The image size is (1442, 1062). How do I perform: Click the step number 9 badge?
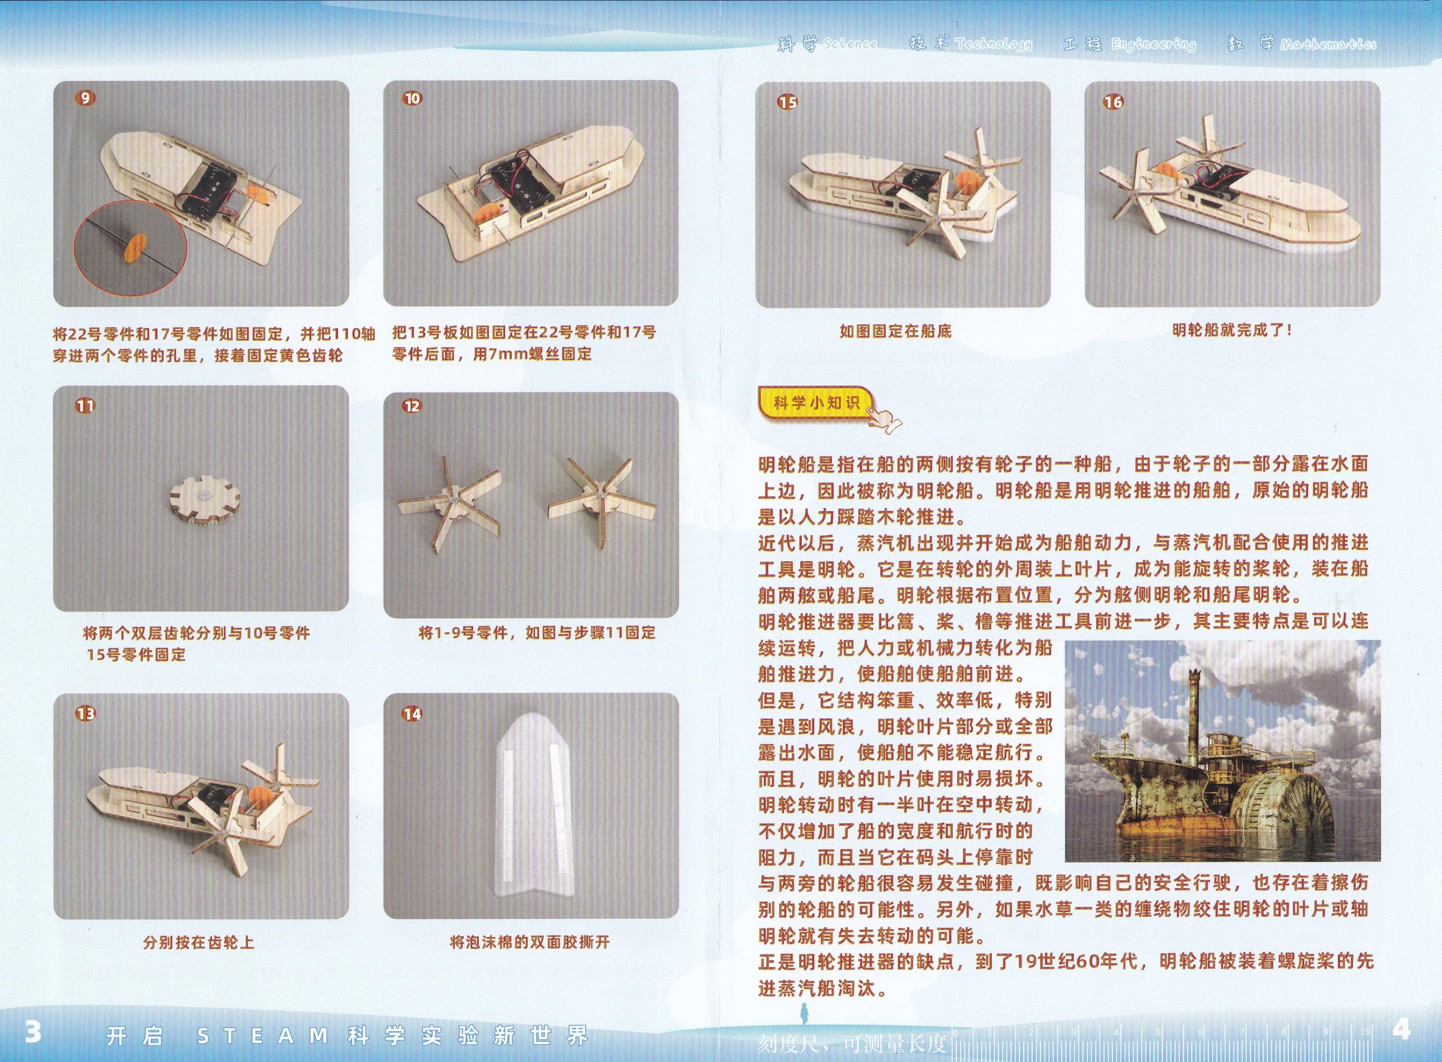(x=85, y=98)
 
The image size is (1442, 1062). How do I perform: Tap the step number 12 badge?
(x=412, y=406)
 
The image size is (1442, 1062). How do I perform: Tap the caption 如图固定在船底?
(x=895, y=331)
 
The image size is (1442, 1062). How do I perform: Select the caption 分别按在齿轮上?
(x=199, y=942)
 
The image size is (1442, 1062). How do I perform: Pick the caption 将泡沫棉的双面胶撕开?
(x=530, y=942)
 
